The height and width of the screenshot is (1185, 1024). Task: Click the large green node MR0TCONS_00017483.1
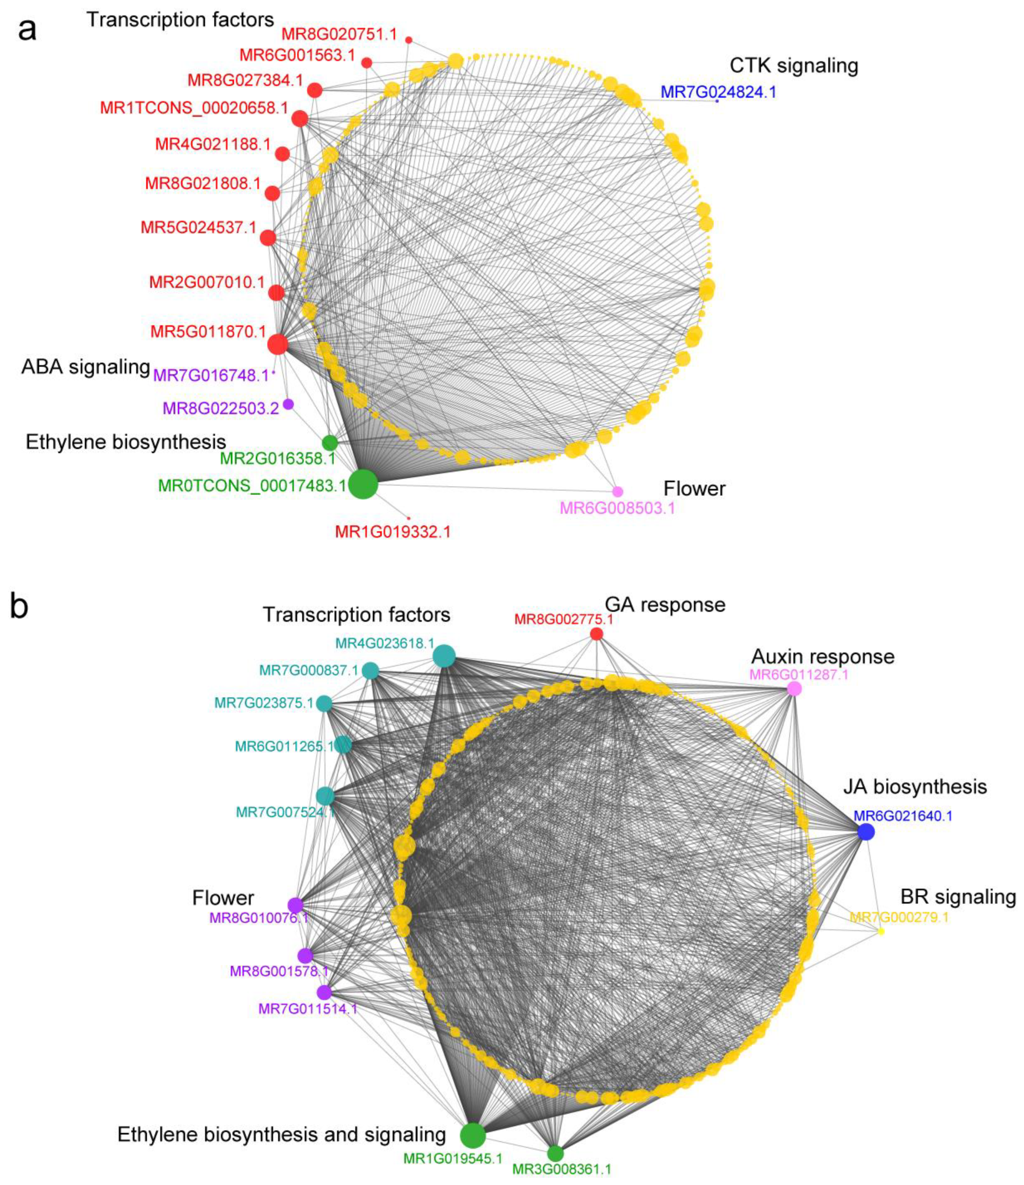pos(362,484)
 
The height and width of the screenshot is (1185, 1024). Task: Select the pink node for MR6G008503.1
pos(618,491)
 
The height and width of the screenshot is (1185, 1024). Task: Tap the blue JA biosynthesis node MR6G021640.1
pos(866,832)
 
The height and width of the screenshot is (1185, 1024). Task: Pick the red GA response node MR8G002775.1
pos(596,633)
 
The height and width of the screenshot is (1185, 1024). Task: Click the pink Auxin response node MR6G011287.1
pos(794,689)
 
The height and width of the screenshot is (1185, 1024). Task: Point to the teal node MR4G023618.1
pos(444,656)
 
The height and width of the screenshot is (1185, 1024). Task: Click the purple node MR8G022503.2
pos(289,404)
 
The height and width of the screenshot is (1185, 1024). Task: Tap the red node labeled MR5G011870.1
pos(277,344)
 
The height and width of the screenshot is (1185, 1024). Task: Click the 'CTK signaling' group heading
pos(793,66)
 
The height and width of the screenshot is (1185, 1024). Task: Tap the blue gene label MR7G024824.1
pos(718,92)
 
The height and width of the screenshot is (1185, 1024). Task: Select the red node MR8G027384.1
pos(315,90)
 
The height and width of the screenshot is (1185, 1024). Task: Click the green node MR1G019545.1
pos(473,1135)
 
